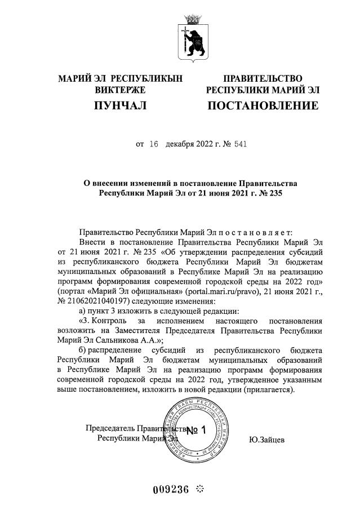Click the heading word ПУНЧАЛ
(x=121, y=105)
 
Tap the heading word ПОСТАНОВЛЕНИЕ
(x=263, y=105)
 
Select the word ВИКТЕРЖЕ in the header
(x=121, y=90)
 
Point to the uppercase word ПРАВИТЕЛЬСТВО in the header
(x=263, y=78)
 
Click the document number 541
(x=237, y=144)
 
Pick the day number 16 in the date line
(x=154, y=144)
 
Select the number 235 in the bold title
(x=272, y=194)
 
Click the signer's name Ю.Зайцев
(x=266, y=438)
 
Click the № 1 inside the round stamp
(x=197, y=431)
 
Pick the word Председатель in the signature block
(x=109, y=428)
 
